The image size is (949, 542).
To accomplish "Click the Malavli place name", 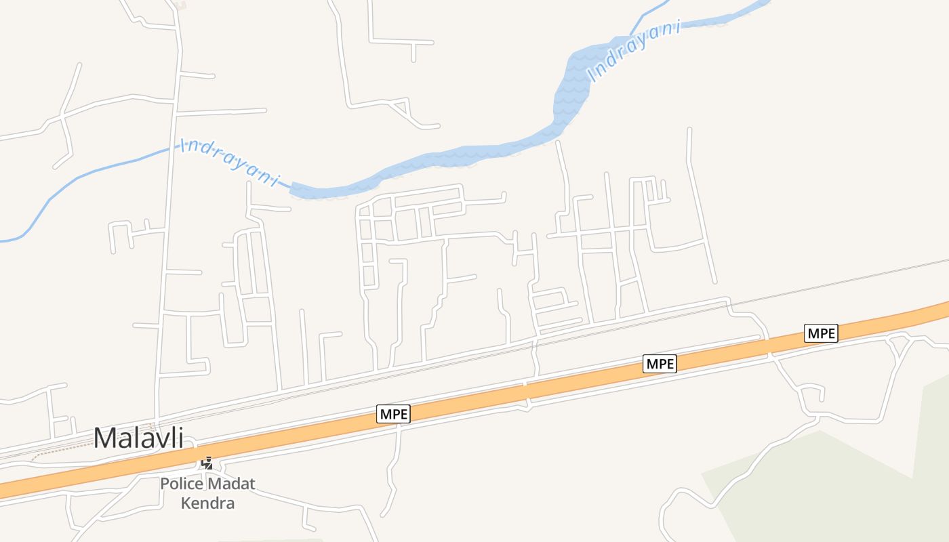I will tap(138, 438).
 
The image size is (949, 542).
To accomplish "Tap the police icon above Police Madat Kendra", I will tap(207, 463).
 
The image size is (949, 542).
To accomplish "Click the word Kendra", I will tap(207, 503).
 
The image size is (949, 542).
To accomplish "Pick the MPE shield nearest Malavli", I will tap(394, 414).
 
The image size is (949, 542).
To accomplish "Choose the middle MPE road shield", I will tap(660, 364).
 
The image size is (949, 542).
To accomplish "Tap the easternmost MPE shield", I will tap(821, 333).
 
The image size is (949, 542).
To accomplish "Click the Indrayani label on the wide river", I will tap(634, 51).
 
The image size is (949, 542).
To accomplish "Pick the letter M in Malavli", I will tap(105, 438).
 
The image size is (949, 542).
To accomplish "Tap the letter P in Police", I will tap(165, 484).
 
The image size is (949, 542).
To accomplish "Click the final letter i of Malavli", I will tap(180, 438).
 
